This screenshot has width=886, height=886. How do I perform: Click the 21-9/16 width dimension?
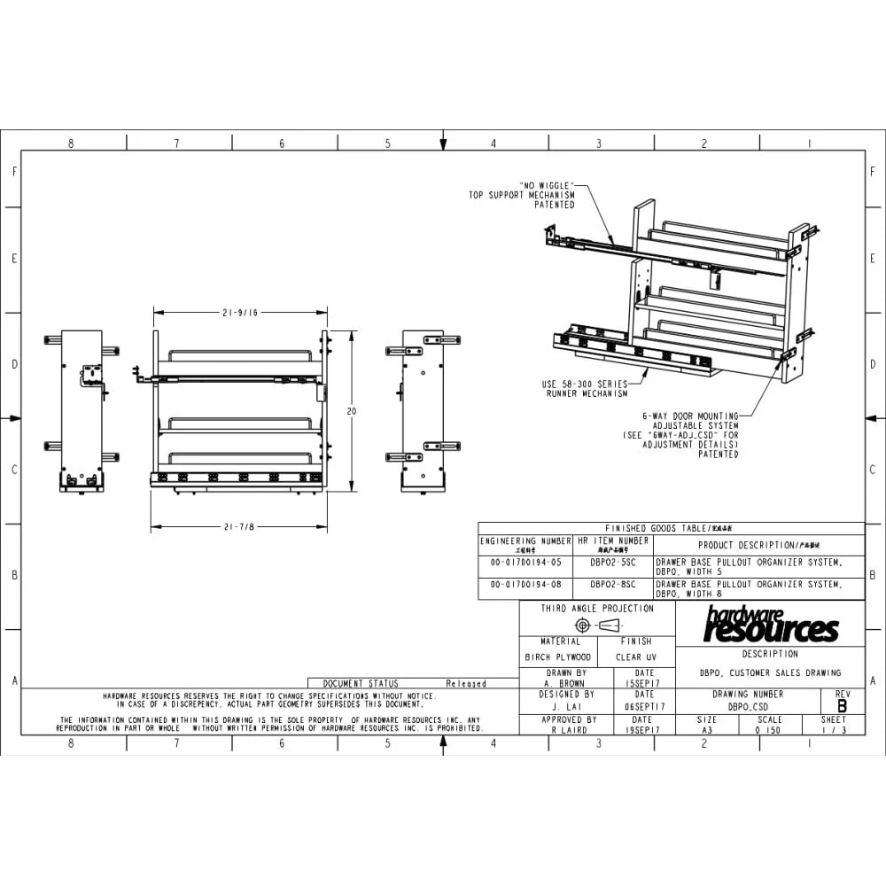(241, 312)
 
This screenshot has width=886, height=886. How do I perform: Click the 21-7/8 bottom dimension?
(239, 527)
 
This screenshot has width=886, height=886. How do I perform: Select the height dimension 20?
(352, 411)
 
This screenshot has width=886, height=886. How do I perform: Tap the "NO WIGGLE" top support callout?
(522, 195)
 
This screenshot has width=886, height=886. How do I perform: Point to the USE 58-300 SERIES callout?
(585, 389)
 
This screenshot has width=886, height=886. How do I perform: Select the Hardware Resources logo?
(770, 626)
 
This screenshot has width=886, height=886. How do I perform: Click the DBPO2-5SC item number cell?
(613, 562)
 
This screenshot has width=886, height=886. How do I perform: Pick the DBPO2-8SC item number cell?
(613, 585)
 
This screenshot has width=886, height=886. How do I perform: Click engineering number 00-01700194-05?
(526, 562)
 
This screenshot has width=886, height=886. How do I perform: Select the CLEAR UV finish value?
(636, 657)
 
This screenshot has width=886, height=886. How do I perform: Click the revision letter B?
(842, 706)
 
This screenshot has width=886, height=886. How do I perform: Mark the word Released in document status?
(466, 684)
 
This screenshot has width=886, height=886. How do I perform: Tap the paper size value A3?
(707, 731)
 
